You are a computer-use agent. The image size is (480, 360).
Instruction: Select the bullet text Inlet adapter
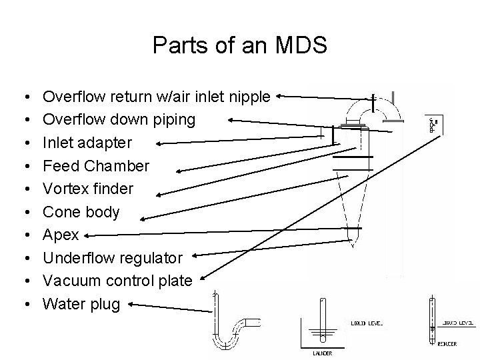[87, 143]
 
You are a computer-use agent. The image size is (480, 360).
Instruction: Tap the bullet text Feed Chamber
[96, 165]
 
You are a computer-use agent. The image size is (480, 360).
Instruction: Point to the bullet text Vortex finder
[88, 189]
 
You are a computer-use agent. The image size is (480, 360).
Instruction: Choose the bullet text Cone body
[81, 212]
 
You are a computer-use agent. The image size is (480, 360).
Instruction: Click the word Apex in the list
[61, 235]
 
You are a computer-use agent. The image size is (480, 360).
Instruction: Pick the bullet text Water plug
[81, 305]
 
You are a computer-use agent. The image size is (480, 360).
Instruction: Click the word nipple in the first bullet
[250, 97]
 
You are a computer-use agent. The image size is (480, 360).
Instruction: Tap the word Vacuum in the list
[71, 281]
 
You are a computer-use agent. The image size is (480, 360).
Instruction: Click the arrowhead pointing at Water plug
[131, 305]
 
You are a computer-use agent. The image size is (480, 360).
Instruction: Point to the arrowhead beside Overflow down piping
[233, 121]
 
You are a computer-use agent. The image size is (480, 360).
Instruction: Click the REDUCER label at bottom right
[447, 344]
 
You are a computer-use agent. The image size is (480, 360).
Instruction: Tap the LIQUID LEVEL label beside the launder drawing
[366, 323]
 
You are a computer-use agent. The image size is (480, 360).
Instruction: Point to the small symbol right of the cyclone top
[433, 125]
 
